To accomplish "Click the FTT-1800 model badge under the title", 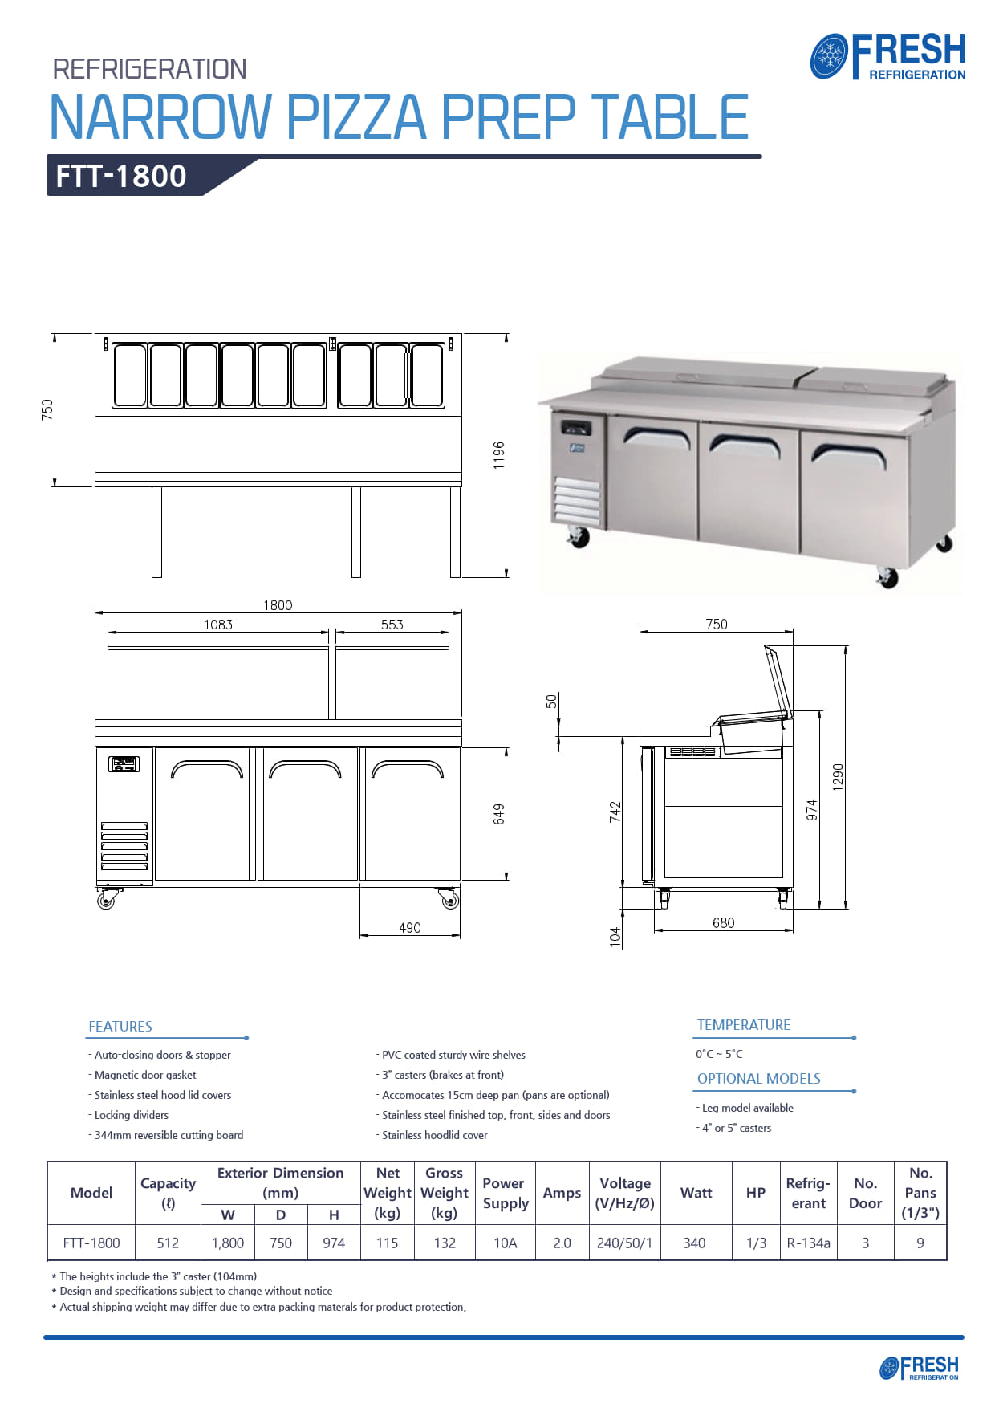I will click(121, 176).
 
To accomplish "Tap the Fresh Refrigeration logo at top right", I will click(888, 56).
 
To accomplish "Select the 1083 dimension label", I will click(217, 625).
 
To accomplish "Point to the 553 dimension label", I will click(392, 625).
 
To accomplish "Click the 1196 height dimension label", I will click(499, 455).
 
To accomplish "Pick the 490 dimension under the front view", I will click(409, 928).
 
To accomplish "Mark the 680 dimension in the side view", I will click(723, 923).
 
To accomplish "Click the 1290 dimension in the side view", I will click(838, 777).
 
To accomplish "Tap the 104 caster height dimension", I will click(615, 936).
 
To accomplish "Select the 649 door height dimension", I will click(499, 814).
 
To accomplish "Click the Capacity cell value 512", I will click(168, 1243).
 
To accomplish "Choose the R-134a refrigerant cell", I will click(808, 1243).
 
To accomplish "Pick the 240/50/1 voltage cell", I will click(624, 1243).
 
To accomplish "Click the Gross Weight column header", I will click(444, 1193).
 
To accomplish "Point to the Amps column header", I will click(562, 1193).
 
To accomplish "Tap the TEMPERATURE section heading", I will click(743, 1025).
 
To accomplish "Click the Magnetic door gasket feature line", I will click(144, 1075).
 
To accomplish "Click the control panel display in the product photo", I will click(575, 425).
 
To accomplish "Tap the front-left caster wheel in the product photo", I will click(578, 537).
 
